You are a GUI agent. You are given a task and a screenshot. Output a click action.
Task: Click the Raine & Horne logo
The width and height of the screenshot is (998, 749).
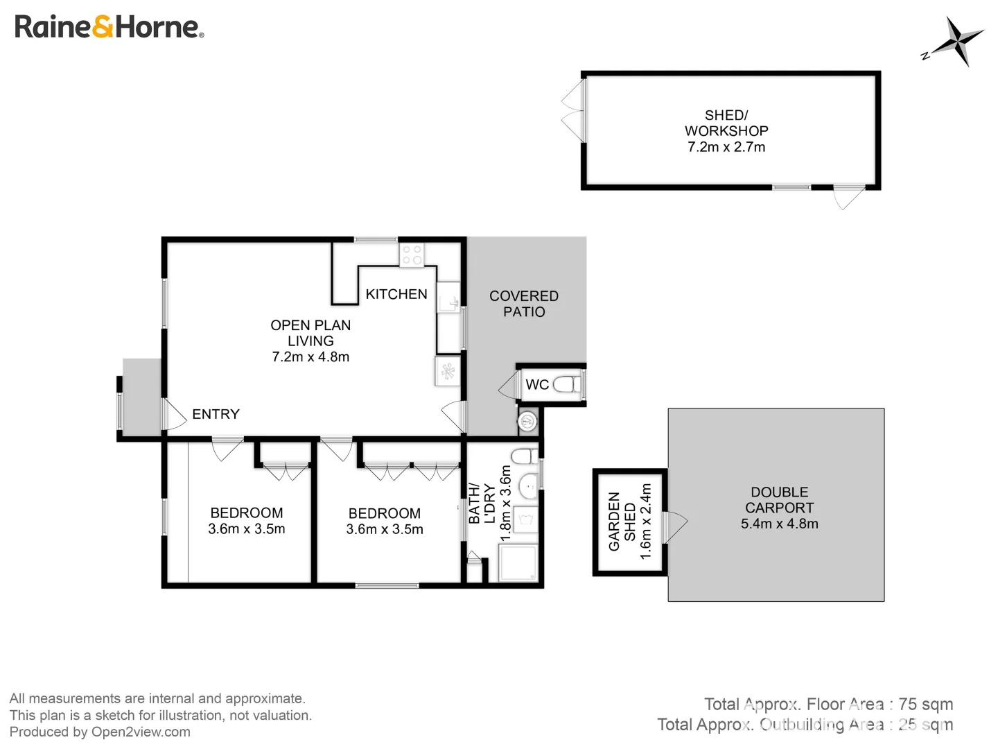[109, 27]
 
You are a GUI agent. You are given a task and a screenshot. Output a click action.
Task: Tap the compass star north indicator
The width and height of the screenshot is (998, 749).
[956, 42]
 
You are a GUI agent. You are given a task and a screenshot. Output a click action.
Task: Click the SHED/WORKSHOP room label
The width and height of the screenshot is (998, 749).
[726, 123]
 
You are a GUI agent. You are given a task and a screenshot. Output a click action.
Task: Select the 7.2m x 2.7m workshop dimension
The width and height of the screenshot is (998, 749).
[726, 147]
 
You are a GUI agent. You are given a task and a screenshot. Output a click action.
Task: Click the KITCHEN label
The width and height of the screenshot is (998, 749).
[396, 294]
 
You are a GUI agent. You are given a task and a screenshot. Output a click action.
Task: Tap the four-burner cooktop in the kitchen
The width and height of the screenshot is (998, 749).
[412, 255]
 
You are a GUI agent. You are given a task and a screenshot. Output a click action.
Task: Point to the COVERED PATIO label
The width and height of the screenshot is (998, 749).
[524, 304]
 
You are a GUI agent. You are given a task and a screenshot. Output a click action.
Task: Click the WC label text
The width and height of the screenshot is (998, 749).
[537, 385]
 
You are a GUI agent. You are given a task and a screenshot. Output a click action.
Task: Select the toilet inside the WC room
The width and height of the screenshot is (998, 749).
[566, 384]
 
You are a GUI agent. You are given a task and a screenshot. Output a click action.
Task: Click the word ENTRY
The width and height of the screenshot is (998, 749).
[216, 414]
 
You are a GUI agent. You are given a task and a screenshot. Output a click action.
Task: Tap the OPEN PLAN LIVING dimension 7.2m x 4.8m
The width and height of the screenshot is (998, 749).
[310, 357]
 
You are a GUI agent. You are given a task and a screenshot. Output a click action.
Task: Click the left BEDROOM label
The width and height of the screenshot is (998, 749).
[247, 513]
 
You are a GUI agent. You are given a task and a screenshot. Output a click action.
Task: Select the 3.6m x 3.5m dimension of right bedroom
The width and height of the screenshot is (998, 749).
[385, 529]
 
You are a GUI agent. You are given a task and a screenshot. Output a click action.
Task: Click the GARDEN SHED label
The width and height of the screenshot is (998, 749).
[622, 522]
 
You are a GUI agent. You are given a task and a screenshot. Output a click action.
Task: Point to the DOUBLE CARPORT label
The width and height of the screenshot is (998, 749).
[779, 500]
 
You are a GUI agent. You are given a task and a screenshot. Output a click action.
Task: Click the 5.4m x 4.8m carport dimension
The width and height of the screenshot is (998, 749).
[779, 524]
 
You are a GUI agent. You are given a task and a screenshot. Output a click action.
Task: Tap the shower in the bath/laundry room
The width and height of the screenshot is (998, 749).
[518, 563]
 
